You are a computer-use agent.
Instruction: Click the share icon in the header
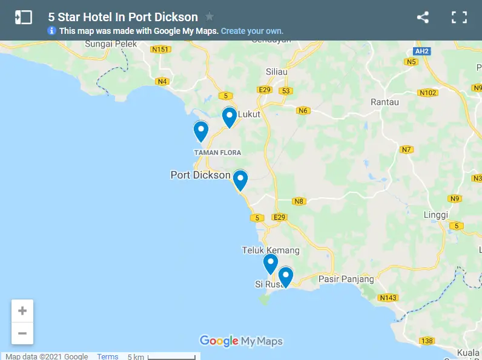tap(423, 18)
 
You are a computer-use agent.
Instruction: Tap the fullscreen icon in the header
tap(459, 18)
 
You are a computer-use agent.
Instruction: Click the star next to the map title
tap(210, 17)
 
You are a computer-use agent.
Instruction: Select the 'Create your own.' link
tap(252, 31)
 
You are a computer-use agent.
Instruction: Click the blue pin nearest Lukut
tap(229, 117)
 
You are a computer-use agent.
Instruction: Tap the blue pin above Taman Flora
tap(200, 131)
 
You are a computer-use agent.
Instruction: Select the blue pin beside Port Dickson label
tap(240, 180)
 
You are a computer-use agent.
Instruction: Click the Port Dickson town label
tap(200, 175)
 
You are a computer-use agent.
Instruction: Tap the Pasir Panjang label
tap(346, 280)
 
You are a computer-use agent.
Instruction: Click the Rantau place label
tap(385, 102)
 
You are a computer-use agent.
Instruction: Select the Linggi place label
tap(436, 215)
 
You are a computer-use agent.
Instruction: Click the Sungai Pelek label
tap(111, 44)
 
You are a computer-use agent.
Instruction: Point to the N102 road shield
tap(428, 93)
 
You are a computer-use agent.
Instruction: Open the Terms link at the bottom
tap(108, 356)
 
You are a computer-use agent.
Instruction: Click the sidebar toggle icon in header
tap(23, 18)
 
